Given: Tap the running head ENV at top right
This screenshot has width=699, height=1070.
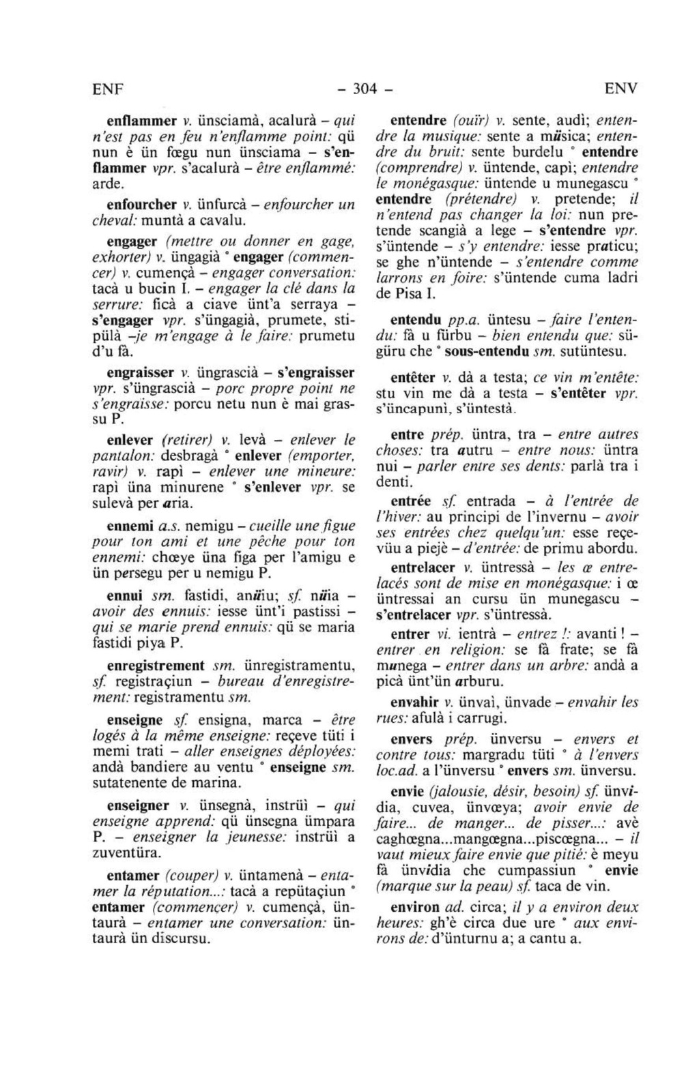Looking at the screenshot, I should pos(621,89).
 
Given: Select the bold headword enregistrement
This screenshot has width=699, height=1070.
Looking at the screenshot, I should pos(156,665).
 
